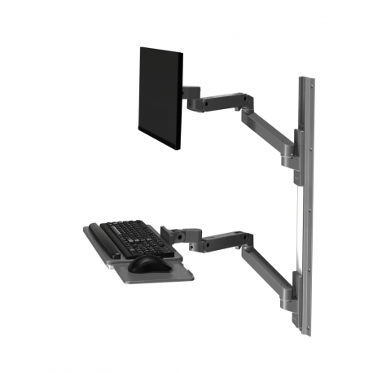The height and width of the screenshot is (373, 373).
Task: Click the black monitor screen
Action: tap(159, 95)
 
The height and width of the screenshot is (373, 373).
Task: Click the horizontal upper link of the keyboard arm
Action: tap(217, 242)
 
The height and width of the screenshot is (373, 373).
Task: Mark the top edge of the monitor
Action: tap(160, 50)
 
